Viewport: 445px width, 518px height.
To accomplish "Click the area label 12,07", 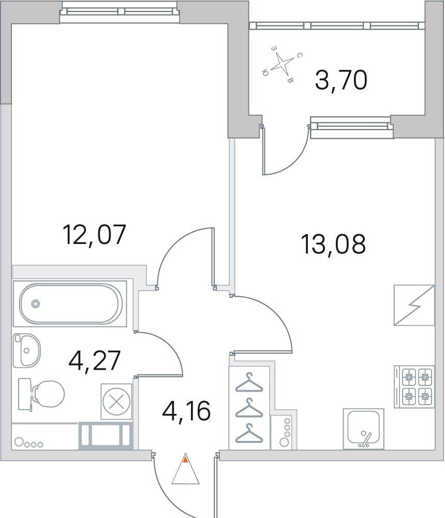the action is pos(94,235).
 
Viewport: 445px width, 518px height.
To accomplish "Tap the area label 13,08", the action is pos(333,244).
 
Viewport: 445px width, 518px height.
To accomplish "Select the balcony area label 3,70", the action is pos(341,81).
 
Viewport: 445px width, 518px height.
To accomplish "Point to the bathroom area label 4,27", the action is pos(94,361).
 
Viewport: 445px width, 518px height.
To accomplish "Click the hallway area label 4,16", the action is pos(186,411).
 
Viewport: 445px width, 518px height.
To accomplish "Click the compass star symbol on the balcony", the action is pos(282,63).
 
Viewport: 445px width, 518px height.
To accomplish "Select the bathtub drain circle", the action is pos(35,304).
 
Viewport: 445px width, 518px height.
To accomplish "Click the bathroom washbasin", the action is pos(27,351).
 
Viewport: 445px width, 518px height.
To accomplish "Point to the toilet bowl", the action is pos(41,394).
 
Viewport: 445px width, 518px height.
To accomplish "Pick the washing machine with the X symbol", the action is pos(116,402).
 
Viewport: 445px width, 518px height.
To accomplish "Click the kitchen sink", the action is pos(363,429).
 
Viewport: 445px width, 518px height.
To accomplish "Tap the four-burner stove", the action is pos(414,386).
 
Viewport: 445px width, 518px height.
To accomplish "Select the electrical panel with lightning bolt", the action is pos(414,305).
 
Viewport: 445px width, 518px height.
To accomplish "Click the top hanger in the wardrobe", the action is pos(249,383).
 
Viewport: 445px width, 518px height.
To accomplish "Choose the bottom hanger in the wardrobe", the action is pos(249,434).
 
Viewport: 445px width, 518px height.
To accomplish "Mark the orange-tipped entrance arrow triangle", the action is pos(186,468).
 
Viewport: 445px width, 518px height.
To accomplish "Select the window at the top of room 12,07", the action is pos(120,12).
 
